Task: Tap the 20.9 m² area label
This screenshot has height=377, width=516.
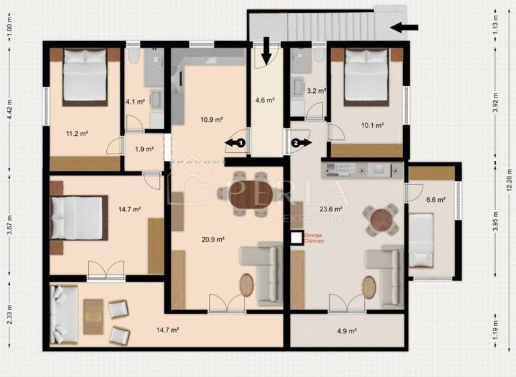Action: pyautogui.click(x=213, y=239)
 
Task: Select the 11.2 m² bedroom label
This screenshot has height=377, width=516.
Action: pyautogui.click(x=77, y=133)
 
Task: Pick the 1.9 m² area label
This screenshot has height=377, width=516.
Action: pyautogui.click(x=144, y=149)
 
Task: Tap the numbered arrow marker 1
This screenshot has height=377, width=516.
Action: pyautogui.click(x=236, y=142)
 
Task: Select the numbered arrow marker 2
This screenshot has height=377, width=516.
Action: pyautogui.click(x=300, y=142)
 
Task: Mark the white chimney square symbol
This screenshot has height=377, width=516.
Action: pyautogui.click(x=296, y=238)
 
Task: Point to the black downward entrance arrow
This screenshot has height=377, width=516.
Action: pyautogui.click(x=266, y=49)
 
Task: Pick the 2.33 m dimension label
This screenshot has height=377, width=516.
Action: pyautogui.click(x=9, y=314)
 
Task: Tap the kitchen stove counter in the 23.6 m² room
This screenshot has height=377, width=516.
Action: pyautogui.click(x=362, y=169)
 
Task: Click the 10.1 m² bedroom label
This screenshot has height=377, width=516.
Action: pyautogui.click(x=372, y=125)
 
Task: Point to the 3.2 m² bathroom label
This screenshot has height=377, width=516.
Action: pyautogui.click(x=316, y=90)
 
